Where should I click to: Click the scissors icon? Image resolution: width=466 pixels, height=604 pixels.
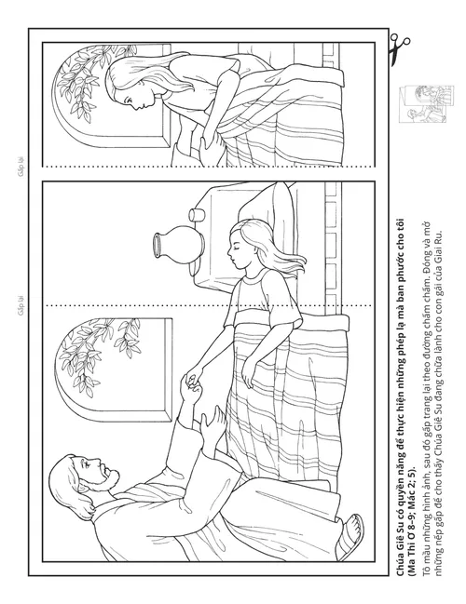click(x=399, y=49)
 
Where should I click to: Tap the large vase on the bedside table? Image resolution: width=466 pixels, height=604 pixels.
click(x=179, y=245)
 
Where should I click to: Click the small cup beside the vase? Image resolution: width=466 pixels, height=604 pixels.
click(x=197, y=215)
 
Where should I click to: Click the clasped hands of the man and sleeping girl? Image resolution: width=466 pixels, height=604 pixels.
click(x=193, y=383)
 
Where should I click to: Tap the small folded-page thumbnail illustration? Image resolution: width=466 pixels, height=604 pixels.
click(x=426, y=104)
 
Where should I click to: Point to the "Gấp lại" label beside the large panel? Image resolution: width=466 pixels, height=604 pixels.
click(x=21, y=305)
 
